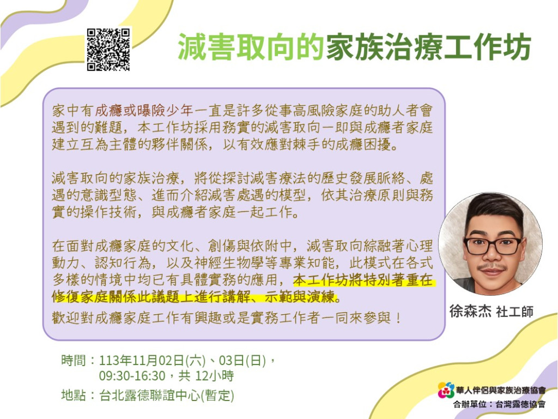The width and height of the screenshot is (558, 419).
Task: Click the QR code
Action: click(108, 50)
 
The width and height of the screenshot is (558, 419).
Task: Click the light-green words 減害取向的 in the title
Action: click(251, 47)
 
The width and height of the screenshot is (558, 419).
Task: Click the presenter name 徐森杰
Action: click(470, 311)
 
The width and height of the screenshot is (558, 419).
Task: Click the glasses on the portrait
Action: click(493, 246)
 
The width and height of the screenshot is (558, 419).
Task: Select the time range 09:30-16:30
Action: click(132, 376)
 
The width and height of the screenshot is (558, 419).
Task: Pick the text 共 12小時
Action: click(206, 376)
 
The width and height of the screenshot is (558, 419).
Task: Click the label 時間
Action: click(74, 360)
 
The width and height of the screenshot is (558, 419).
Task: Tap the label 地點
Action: click(74, 395)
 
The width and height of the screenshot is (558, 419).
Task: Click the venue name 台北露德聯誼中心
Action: click(149, 396)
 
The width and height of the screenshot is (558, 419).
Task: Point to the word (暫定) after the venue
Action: click(217, 396)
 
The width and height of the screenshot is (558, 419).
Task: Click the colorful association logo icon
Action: click(446, 390)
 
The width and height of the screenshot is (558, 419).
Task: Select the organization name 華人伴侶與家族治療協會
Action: click(501, 391)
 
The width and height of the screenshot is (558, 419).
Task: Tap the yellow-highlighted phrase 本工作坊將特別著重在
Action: click(363, 280)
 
